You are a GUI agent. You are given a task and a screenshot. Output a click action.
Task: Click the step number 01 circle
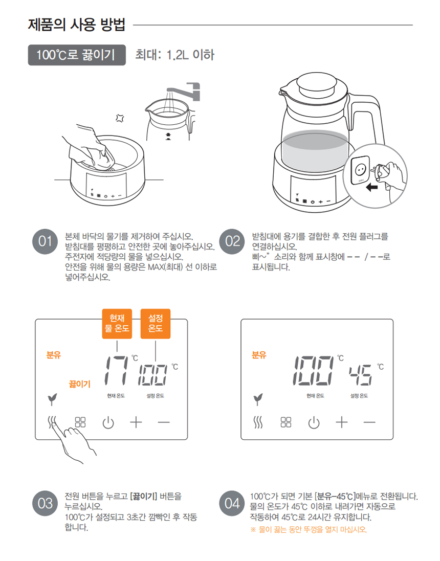(45, 241)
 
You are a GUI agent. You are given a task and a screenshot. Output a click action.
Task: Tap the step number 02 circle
(232, 241)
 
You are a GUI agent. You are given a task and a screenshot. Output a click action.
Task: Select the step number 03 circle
(45, 503)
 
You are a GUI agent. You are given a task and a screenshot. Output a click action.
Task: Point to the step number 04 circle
(232, 503)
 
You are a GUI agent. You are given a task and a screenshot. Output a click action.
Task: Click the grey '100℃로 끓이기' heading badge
(77, 55)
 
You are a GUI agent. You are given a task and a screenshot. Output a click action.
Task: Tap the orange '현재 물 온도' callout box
(117, 323)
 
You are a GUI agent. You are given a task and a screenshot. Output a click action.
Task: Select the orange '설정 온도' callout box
(156, 323)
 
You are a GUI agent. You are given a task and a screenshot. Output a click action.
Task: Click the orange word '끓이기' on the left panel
(80, 384)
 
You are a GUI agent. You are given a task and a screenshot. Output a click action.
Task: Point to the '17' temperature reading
(116, 371)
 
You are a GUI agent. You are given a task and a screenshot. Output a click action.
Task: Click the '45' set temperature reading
(361, 375)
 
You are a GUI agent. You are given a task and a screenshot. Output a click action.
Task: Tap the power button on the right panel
(314, 422)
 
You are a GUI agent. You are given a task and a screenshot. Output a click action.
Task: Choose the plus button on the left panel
(136, 422)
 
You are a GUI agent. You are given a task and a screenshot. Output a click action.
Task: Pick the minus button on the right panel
(369, 422)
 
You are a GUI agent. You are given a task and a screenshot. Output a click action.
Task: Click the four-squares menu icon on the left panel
(80, 422)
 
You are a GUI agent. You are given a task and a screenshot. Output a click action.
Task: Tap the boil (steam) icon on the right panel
(258, 422)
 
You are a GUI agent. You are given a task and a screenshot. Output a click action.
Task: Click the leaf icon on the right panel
(258, 399)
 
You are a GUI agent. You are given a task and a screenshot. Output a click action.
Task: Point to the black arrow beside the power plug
(372, 187)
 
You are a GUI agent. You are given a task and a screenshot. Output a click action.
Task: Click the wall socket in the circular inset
(360, 170)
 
